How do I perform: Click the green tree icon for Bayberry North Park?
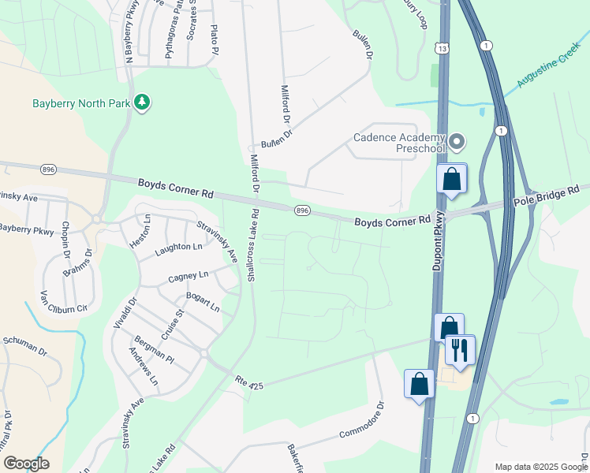pos(142,103)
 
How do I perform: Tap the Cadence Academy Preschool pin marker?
pos(457,143)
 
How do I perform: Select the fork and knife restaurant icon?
pos(460,349)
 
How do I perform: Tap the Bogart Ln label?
pos(203,301)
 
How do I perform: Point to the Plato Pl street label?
pos(214,40)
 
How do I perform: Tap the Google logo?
pos(25,464)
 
